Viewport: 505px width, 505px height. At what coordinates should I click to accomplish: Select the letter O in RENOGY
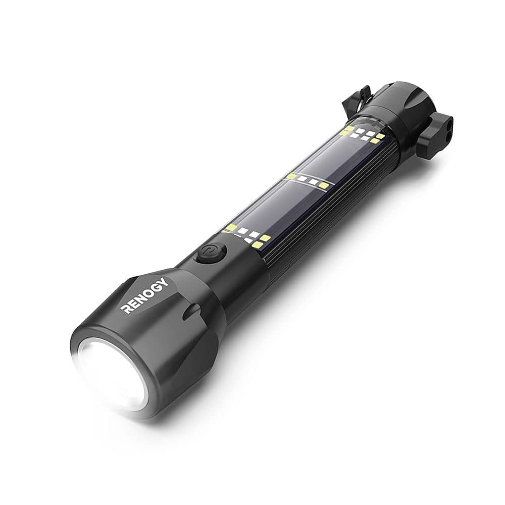[148, 292]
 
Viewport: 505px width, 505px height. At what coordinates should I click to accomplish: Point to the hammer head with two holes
[439, 128]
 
